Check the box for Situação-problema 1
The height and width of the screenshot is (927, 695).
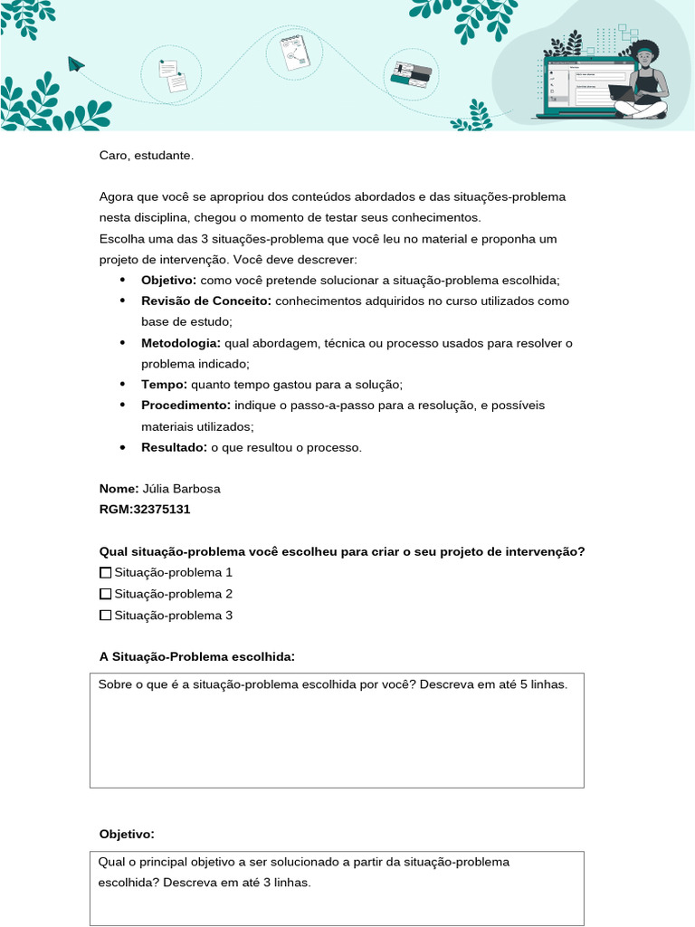tap(105, 573)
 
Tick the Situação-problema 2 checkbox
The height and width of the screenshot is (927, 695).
tap(105, 594)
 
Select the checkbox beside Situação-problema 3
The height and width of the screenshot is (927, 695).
tap(105, 616)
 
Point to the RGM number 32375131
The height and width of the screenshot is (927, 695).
tap(161, 509)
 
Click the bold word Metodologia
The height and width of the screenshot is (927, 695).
tap(181, 343)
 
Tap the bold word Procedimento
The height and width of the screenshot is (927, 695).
tap(186, 405)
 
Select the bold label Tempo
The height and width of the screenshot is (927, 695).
tap(164, 385)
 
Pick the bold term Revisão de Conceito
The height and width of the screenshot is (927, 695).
tap(206, 301)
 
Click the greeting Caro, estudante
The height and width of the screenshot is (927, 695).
tap(147, 156)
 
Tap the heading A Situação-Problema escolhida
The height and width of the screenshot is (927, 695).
tap(197, 656)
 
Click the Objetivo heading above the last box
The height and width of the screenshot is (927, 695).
tap(127, 834)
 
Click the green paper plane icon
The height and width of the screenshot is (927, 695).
tap(76, 63)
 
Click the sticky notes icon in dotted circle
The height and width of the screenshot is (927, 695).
tap(173, 75)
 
